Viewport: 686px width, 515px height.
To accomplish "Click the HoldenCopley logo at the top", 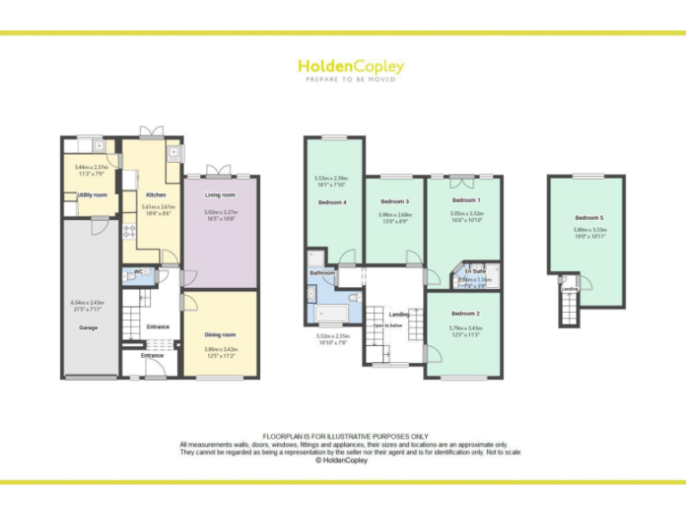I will point(350,66).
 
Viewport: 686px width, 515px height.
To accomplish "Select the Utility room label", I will point(92,195).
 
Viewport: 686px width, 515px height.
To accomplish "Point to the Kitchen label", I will point(155,195).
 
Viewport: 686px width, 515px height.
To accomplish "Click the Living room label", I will point(220,195).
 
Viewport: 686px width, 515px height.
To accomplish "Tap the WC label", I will point(138,271).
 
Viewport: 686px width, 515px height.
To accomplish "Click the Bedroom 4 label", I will point(331,202).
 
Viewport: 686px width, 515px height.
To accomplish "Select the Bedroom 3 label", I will point(394,202).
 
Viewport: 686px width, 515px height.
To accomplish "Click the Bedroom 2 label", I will point(464,314).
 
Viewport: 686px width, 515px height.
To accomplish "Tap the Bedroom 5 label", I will point(589,218).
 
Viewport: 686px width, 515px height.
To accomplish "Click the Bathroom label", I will point(322,273).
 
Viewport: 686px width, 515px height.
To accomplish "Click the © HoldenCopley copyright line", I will point(343,461).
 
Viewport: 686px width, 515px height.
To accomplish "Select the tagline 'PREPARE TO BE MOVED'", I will point(350,80).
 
